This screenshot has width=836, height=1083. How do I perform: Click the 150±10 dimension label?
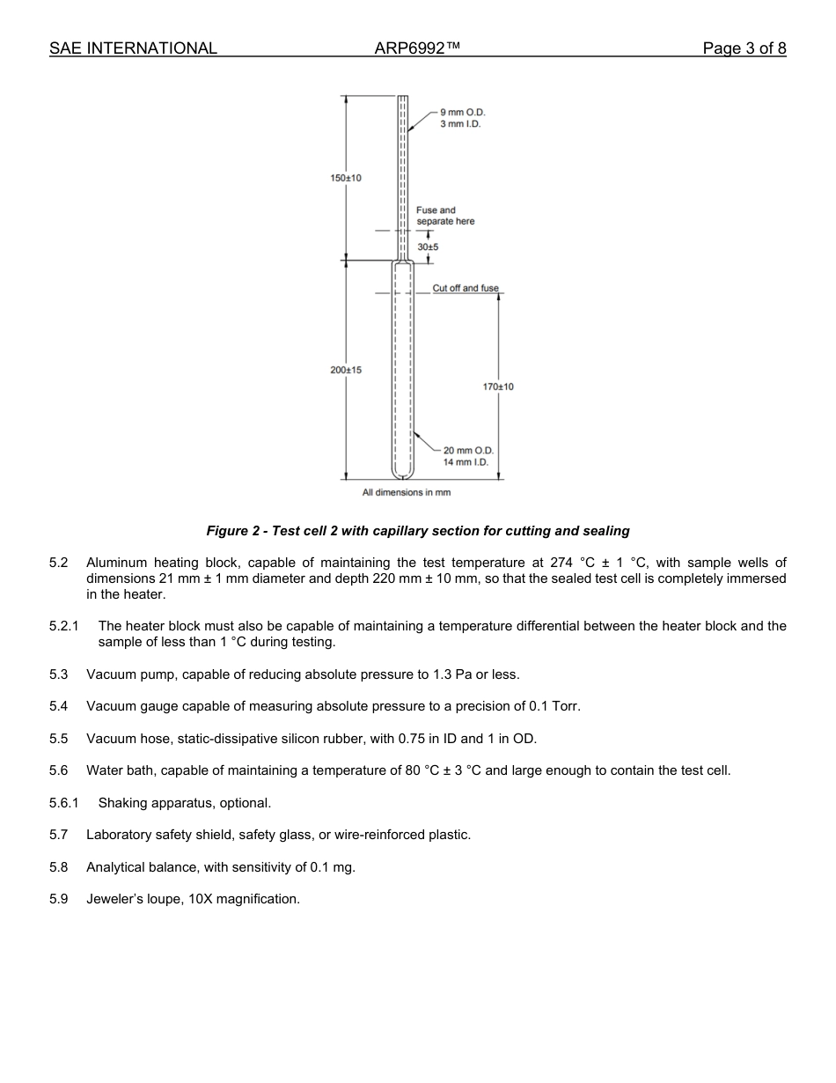coord(346,179)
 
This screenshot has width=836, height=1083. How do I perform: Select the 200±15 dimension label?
coord(346,370)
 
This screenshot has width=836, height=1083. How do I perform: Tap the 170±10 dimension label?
coord(498,387)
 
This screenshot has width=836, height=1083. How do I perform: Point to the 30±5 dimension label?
coord(428,247)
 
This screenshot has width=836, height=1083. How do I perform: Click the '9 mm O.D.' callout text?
coord(463,113)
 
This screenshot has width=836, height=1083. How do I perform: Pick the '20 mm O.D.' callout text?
coord(468,451)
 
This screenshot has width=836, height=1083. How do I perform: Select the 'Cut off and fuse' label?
coord(466,289)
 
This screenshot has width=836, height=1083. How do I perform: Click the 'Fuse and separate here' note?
coord(445,216)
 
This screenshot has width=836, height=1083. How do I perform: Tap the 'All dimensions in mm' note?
coord(407,492)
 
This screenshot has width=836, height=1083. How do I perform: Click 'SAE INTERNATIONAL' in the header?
coord(133,48)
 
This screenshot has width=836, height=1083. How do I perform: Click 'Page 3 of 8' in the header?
coord(744,48)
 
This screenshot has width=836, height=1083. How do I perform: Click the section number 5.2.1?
coord(64,626)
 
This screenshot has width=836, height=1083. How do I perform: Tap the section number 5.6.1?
coord(64,803)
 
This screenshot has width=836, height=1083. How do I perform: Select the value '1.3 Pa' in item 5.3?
coord(451,674)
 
